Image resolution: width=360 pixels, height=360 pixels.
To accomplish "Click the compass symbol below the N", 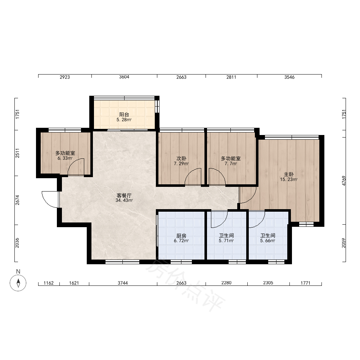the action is coord(18,283).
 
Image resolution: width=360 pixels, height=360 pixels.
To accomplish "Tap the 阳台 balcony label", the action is coord(124,114).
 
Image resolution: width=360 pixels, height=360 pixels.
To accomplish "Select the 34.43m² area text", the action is coord(124,201).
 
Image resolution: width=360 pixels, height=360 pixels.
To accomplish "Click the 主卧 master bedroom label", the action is coord(289,175).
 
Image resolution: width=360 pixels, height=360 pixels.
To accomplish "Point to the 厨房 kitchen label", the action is coord(181,236).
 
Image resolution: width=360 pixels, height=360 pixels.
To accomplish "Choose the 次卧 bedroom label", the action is coord(181,158).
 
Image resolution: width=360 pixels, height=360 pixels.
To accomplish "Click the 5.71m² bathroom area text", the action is coord(226,241).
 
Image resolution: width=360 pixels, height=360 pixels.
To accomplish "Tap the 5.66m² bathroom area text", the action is coord(267,241).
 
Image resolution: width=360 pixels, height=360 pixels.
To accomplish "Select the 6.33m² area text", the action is coord(65,158).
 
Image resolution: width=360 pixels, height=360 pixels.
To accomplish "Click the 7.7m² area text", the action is coord(231,164).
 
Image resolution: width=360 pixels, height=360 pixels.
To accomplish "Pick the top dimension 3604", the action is coord(124,77).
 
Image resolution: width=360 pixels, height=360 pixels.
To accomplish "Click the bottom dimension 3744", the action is coord(123,283).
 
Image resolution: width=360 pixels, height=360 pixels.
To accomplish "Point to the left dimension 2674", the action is coord(17,200).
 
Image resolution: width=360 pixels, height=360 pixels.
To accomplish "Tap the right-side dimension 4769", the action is coord(344,181).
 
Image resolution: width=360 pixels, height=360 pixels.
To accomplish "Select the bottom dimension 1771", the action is coord(305,283).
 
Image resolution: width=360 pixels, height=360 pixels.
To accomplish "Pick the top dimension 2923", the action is coord(65,77).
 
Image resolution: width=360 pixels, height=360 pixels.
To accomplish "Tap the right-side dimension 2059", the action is coord(344,243).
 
